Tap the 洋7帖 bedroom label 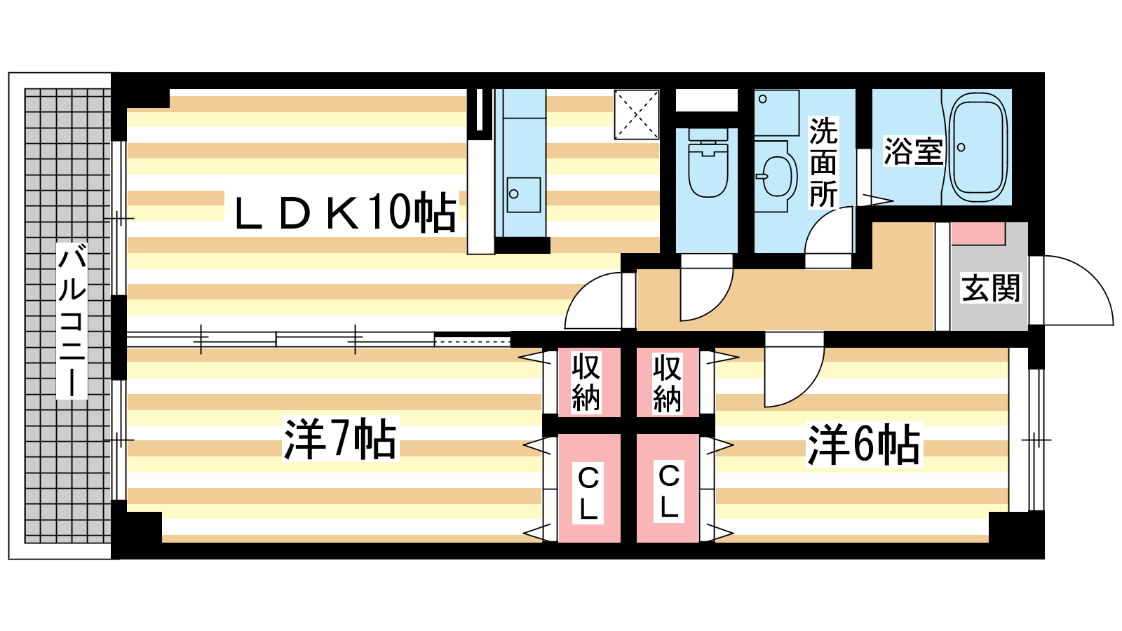pyautogui.click(x=340, y=439)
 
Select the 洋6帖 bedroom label pyautogui.click(x=864, y=444)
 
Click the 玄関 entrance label pyautogui.click(x=991, y=287)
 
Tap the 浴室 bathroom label pyautogui.click(x=913, y=151)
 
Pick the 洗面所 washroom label pyautogui.click(x=823, y=163)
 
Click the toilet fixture pyautogui.click(x=708, y=163)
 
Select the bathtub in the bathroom pyautogui.click(x=978, y=147)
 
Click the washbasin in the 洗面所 pyautogui.click(x=777, y=176)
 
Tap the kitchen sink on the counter pyautogui.click(x=524, y=195)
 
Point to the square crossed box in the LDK pyautogui.click(x=637, y=114)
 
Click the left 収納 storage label pyautogui.click(x=586, y=382)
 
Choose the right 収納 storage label pyautogui.click(x=667, y=383)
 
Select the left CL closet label pyautogui.click(x=588, y=493)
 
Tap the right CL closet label pyautogui.click(x=669, y=491)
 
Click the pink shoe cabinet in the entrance pyautogui.click(x=978, y=233)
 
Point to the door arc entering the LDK pyautogui.click(x=594, y=300)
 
